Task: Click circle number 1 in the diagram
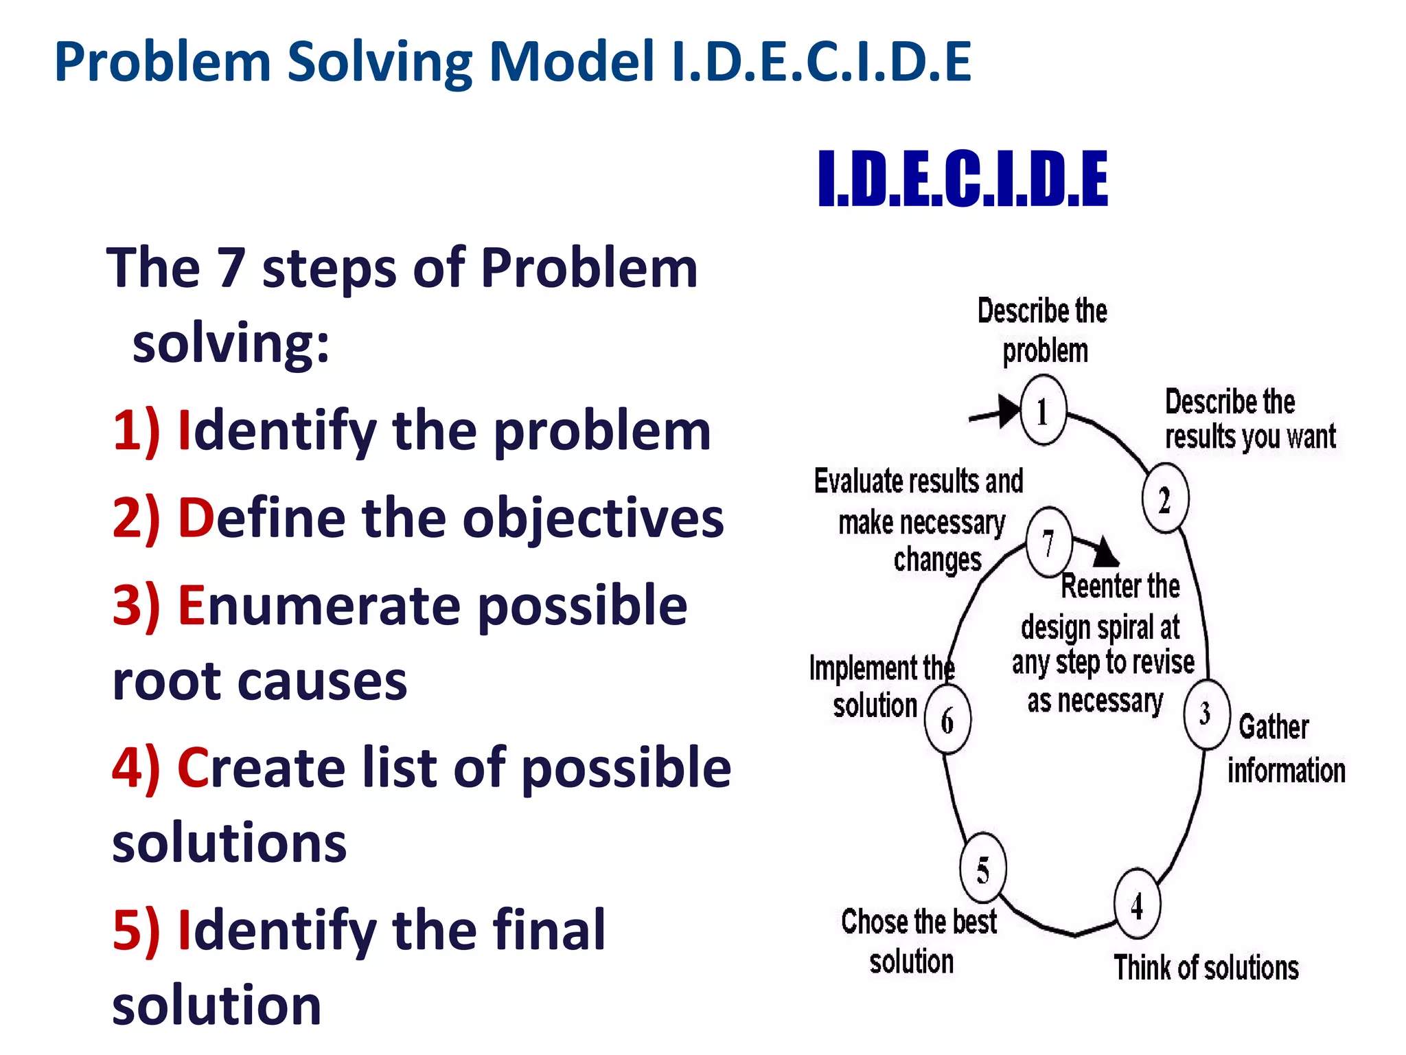pyautogui.click(x=1043, y=411)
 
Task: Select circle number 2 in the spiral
pyautogui.click(x=1165, y=499)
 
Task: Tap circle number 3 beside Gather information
pyautogui.click(x=1206, y=714)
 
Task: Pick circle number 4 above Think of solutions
pyautogui.click(x=1137, y=905)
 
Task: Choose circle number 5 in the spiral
pyautogui.click(x=983, y=869)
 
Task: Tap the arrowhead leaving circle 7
pyautogui.click(x=1105, y=552)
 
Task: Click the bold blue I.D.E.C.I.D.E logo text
pyautogui.click(x=963, y=179)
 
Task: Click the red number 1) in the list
pyautogui.click(x=137, y=431)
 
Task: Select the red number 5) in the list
pyautogui.click(x=137, y=930)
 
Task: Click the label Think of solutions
pyautogui.click(x=1206, y=968)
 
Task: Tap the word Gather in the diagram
pyautogui.click(x=1274, y=727)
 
